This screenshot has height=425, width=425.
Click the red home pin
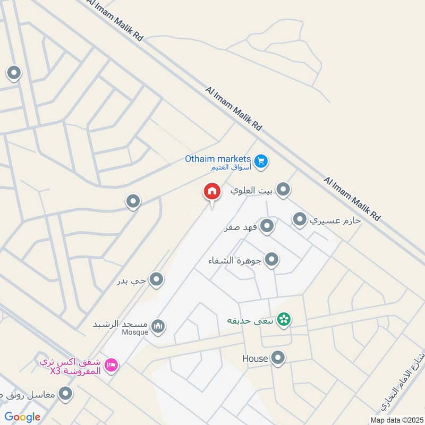click(211, 192)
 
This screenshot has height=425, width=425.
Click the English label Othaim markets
click(217, 158)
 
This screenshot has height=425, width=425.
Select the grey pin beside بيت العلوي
click(284, 189)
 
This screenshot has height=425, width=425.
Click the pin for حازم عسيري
click(300, 219)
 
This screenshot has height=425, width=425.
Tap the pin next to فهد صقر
click(267, 226)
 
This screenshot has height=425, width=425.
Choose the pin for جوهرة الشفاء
click(272, 260)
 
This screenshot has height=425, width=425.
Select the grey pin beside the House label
click(278, 359)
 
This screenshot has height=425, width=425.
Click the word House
click(255, 359)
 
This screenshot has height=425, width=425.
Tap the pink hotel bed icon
click(112, 365)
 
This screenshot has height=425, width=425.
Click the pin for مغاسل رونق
click(66, 394)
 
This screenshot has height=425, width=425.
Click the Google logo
click(22, 417)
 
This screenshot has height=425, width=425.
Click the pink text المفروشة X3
click(74, 371)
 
